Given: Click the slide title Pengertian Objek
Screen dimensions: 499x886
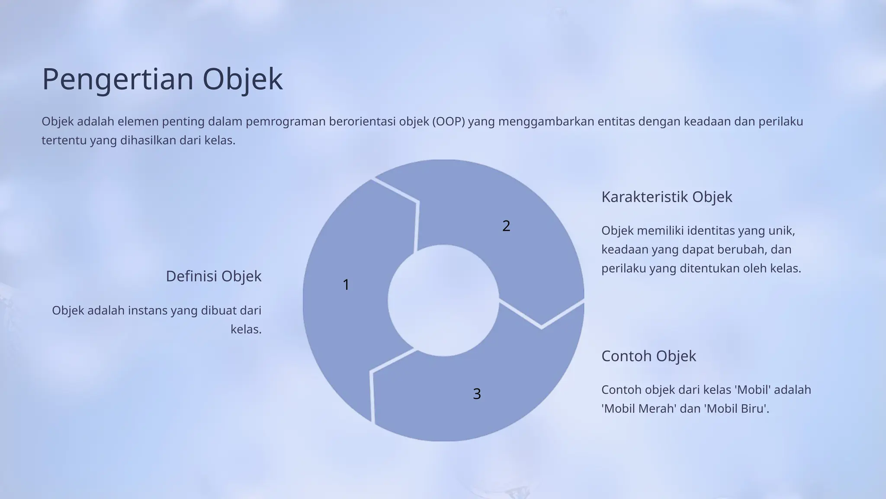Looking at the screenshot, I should tap(162, 79).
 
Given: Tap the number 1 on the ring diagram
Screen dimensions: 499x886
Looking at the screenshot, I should tap(346, 285).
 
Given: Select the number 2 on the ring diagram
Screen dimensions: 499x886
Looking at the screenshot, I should tap(506, 226).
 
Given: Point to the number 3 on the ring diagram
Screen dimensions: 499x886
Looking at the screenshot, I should tap(477, 394).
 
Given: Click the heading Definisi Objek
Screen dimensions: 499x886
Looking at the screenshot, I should tap(214, 276).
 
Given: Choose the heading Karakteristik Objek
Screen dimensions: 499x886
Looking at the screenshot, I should tap(667, 197).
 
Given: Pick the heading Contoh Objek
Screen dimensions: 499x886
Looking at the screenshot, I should tap(648, 356).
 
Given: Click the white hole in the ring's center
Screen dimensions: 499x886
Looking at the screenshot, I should tap(443, 301).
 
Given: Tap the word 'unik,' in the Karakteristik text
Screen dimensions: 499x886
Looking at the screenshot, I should tap(781, 231).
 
